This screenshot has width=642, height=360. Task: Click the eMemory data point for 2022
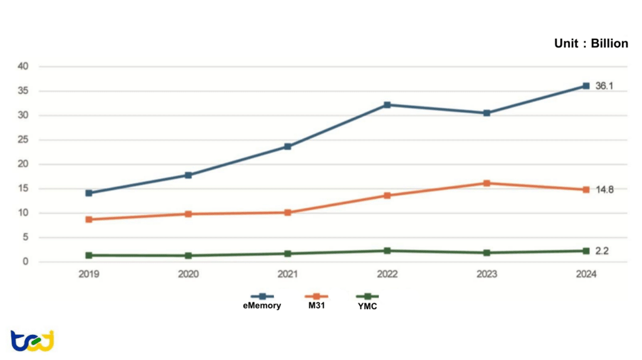coord(387,105)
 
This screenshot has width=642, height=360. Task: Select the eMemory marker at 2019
coord(89,193)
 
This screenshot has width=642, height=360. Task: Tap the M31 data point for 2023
coord(487,183)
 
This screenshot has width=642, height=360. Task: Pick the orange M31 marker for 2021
coord(288,213)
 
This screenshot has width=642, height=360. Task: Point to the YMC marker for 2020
coord(188,256)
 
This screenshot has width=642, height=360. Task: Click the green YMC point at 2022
coord(387,251)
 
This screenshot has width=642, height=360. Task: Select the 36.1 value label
coord(604,86)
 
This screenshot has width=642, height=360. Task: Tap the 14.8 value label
coord(604,189)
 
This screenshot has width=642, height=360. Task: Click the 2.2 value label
coord(602,251)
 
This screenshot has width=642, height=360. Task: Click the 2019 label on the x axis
coord(89,274)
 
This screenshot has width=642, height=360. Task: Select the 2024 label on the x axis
coord(586,274)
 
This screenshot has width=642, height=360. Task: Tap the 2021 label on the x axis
coord(288,274)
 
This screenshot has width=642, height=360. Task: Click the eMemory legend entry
coord(263,301)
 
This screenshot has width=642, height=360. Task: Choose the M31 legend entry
coord(316,301)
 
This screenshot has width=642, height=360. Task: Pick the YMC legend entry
coord(367,301)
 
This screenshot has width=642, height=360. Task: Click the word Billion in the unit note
coord(609,43)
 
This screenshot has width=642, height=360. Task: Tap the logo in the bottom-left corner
coord(32,341)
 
